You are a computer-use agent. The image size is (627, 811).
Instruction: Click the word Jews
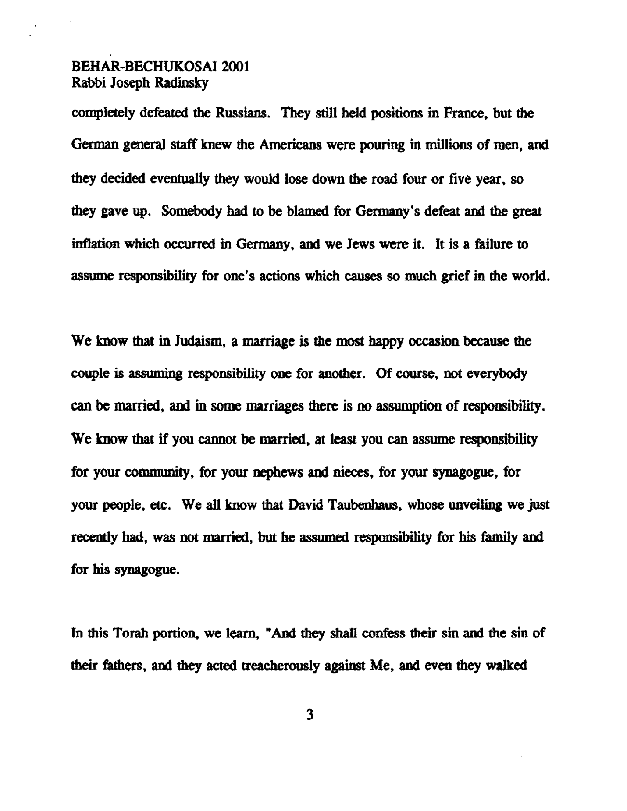(356, 244)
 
